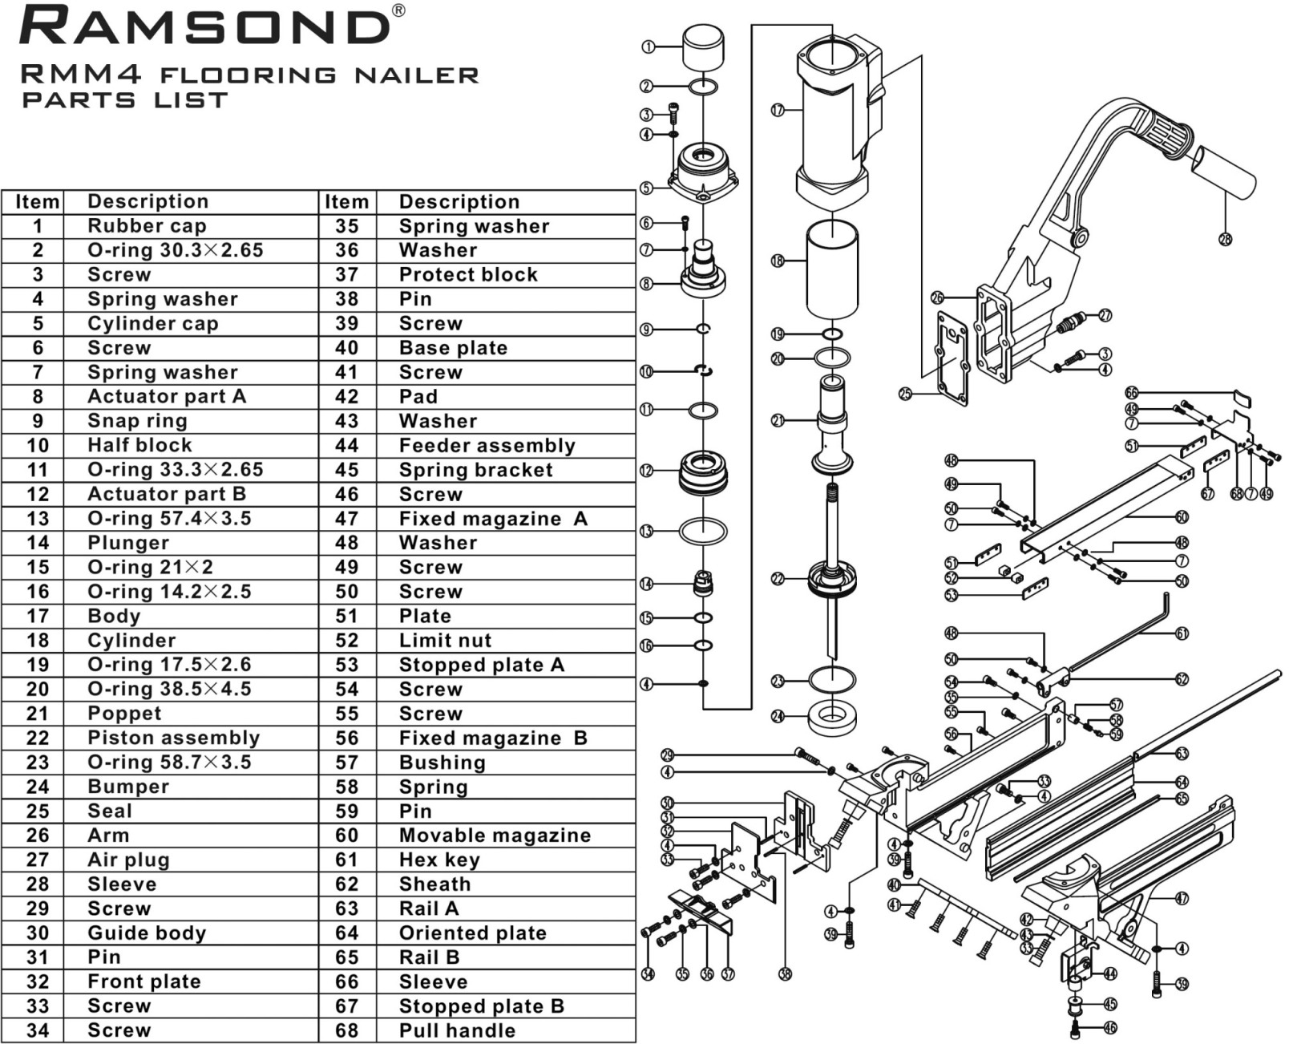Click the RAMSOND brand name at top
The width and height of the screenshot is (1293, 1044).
(204, 26)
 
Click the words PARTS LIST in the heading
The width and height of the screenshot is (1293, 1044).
(125, 101)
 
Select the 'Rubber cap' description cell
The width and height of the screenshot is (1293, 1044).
(147, 226)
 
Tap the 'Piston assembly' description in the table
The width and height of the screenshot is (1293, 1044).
(173, 738)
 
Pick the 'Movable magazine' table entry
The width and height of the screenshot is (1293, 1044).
(495, 836)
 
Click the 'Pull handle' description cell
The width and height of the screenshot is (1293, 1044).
(457, 1030)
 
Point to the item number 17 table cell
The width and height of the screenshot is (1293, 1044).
(37, 616)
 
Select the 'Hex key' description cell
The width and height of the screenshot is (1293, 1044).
(439, 860)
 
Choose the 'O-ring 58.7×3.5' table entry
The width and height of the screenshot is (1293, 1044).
(169, 762)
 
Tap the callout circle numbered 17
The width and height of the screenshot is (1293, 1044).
(777, 111)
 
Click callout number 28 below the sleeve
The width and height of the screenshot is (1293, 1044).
(1224, 238)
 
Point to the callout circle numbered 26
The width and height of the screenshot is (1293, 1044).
(938, 297)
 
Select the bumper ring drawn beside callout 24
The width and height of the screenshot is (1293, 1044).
(833, 716)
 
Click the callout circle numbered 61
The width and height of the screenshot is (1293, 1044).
(1182, 633)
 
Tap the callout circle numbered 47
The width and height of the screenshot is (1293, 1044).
(1182, 899)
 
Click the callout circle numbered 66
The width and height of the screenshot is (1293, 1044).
(1131, 393)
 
